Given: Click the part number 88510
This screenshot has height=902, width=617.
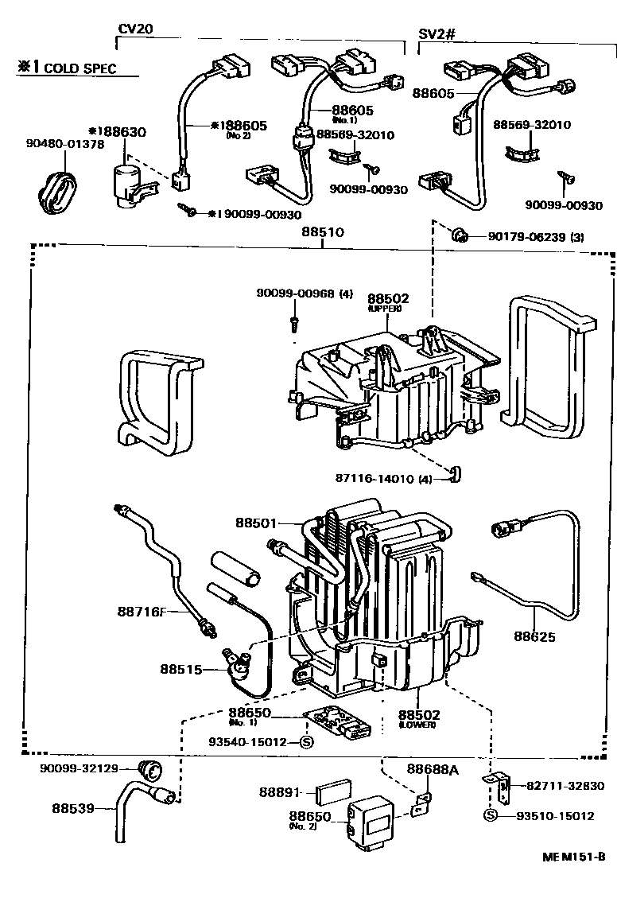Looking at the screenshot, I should point(322,234).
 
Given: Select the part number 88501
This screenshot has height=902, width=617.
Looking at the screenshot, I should point(256,523).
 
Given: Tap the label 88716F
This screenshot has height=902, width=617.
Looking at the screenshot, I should point(142,611).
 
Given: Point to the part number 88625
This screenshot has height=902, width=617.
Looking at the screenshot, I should point(534,636).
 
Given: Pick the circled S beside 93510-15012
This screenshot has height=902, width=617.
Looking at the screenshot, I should point(491,816).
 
